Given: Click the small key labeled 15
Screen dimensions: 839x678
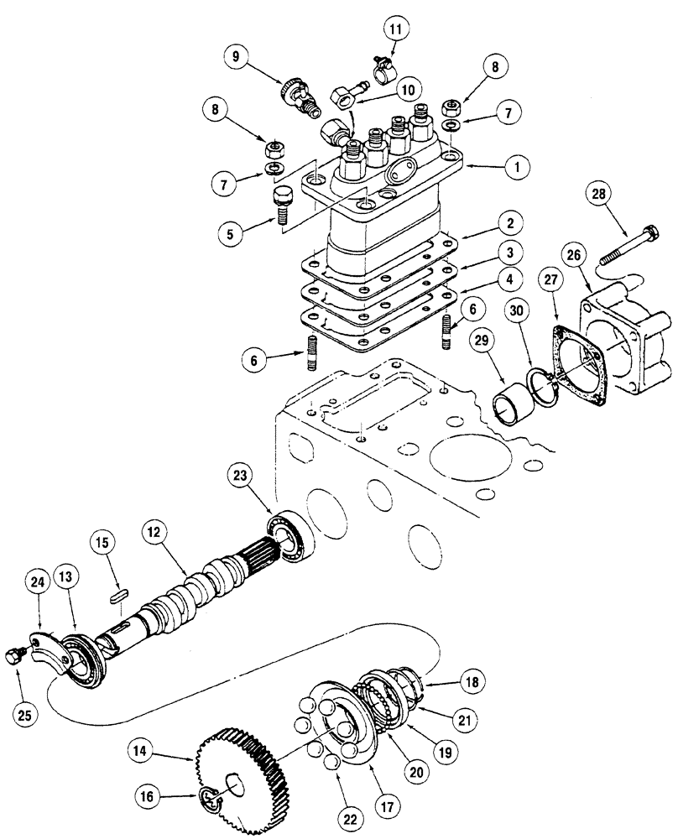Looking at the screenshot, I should [118, 593].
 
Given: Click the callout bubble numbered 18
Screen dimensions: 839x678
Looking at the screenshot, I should [472, 682].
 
